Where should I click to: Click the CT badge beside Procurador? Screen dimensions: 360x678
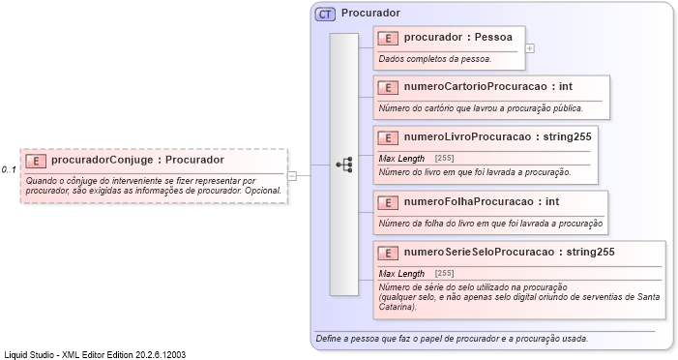pos(324,14)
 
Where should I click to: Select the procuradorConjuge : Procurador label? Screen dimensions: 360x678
pos(137,160)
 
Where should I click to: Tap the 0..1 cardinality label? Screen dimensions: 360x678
pos(9,170)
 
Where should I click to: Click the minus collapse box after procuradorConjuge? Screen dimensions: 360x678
pos(292,175)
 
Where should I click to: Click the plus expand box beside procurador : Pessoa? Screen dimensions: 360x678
pos(530,47)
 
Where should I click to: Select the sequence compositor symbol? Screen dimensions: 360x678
pos(343,165)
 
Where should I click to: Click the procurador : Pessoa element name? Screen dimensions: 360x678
pos(458,37)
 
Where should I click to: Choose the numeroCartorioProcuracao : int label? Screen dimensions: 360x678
pos(487,86)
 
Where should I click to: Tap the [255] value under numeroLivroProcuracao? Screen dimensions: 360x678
pos(445,158)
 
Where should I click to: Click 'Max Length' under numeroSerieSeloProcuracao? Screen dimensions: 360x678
pos(401,273)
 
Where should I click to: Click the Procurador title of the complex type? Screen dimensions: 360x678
pos(370,14)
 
